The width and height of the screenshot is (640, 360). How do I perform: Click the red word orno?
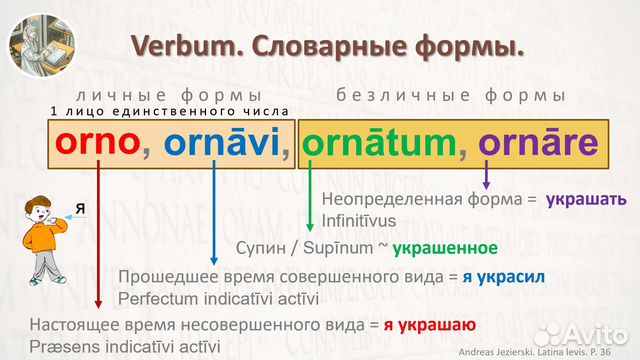click(x=95, y=144)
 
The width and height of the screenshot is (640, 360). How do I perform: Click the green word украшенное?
click(x=445, y=247)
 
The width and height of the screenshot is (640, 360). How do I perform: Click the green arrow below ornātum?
click(x=310, y=200)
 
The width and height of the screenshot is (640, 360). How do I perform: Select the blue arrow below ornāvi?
click(x=215, y=220)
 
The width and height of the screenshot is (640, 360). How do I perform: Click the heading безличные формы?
click(x=451, y=95)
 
